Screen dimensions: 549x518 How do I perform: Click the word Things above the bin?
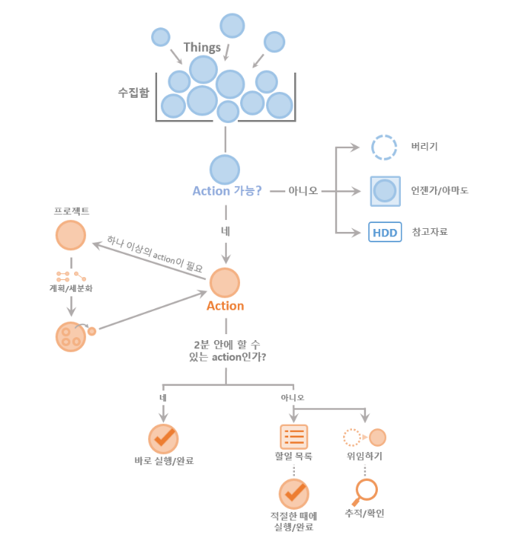202,47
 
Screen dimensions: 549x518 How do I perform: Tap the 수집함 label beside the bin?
133,93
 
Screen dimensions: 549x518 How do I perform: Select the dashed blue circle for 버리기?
385,147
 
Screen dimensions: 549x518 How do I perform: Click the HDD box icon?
385,232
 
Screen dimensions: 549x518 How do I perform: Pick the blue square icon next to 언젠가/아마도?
385,190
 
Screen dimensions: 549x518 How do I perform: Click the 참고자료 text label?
430,232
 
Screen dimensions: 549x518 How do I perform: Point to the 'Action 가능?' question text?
227,190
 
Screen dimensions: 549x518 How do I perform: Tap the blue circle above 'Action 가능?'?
225,169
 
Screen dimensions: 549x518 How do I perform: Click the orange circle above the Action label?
225,283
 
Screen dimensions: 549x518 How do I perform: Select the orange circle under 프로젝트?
70,235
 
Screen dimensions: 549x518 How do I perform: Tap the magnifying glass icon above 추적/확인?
365,490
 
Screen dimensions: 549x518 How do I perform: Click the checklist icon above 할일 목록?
293,437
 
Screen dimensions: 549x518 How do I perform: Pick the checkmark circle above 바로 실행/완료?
163,439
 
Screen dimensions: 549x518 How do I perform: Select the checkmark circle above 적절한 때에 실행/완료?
293,493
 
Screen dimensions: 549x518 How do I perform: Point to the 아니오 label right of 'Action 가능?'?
304,190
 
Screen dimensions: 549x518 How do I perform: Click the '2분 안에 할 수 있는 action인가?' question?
225,350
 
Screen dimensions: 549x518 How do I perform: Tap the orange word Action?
225,305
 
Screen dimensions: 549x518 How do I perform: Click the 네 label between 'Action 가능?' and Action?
225,231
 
